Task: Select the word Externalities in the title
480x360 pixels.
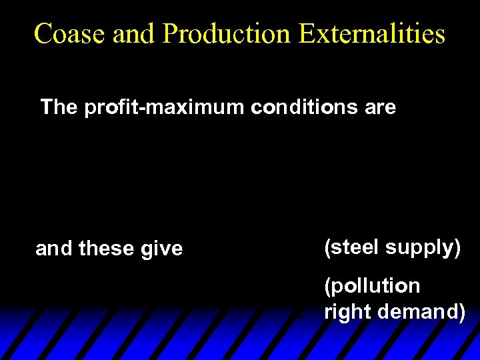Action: (371, 34)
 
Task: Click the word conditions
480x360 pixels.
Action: (306, 107)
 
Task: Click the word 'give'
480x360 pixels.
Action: (160, 249)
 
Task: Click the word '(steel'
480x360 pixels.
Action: (351, 247)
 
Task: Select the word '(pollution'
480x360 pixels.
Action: (372, 286)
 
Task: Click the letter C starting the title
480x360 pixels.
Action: (43, 34)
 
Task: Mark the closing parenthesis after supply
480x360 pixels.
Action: (457, 248)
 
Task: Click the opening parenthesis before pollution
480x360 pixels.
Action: (327, 287)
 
